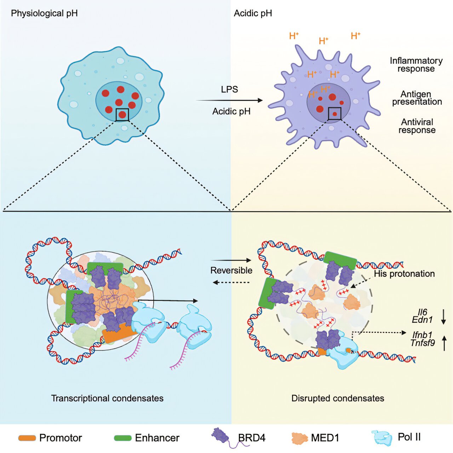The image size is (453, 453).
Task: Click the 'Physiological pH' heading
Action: click(x=44, y=13)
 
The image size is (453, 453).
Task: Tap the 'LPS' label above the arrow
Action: click(x=229, y=90)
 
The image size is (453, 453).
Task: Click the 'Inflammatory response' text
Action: click(x=416, y=65)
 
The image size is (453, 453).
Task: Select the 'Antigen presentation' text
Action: click(x=417, y=98)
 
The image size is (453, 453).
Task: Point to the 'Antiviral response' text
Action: click(x=417, y=126)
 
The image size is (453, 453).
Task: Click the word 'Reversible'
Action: click(x=231, y=270)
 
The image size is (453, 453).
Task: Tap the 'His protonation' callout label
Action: click(x=404, y=274)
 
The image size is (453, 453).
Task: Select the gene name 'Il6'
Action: click(x=422, y=312)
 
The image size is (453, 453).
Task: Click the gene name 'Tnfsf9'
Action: click(x=423, y=343)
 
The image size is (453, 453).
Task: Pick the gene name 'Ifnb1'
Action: click(x=422, y=334)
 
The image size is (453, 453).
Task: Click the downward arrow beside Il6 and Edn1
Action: click(x=443, y=316)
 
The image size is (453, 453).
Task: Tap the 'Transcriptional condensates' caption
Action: click(x=107, y=398)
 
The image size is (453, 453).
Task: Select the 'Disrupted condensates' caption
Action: click(x=338, y=398)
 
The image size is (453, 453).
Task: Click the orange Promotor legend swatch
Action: click(x=27, y=438)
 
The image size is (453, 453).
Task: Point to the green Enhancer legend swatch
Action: click(x=123, y=438)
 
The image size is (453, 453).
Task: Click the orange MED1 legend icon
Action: click(x=299, y=438)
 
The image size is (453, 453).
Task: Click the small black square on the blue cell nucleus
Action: click(x=122, y=115)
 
